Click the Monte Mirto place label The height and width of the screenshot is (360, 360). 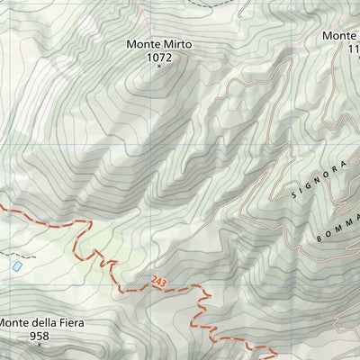tap(159, 43)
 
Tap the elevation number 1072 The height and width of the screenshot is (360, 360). tap(159, 57)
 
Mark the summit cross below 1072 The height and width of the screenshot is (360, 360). tap(159, 66)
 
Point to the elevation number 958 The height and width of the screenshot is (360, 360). tap(40, 337)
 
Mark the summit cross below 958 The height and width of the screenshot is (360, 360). tap(40, 346)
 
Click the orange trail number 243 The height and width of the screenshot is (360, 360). tap(160, 281)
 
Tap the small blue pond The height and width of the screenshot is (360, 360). tap(16, 266)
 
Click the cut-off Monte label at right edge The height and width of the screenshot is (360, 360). tap(342, 36)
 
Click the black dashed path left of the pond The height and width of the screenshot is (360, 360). tap(4, 255)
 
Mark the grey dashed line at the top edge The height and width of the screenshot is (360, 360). tap(216, 4)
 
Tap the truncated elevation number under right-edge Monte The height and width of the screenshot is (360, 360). tap(353, 49)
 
